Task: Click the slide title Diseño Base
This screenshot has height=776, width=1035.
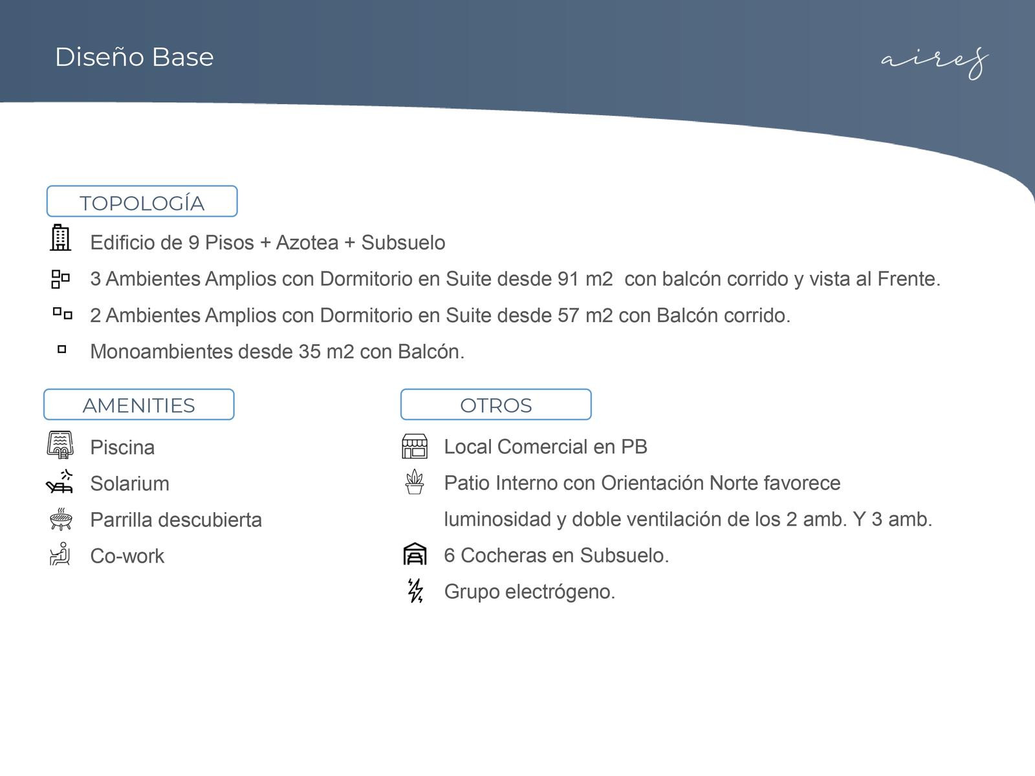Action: coord(134,57)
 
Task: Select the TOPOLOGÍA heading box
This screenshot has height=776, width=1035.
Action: coord(142,202)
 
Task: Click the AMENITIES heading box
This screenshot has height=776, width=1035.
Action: coord(138,405)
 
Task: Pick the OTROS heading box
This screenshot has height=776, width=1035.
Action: coord(496,405)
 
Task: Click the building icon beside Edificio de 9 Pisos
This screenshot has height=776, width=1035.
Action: coord(60,238)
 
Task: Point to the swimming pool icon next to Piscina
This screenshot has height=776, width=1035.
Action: coord(60,445)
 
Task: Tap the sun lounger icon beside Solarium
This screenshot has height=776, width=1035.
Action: coord(60,482)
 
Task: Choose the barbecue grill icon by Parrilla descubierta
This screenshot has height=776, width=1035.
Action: coord(60,519)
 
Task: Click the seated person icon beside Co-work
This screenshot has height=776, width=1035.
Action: coord(60,554)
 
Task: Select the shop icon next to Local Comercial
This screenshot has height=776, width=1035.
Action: coord(415,446)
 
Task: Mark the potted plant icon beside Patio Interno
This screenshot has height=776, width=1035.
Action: coord(415,482)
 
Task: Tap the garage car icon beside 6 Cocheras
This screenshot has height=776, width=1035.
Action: coord(415,554)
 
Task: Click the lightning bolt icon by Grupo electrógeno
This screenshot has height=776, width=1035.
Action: coord(415,590)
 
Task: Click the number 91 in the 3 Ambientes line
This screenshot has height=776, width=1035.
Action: coord(569,279)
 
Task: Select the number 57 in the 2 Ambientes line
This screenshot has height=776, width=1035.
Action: coord(569,316)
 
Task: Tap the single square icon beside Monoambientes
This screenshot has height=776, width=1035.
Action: coord(62,349)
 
